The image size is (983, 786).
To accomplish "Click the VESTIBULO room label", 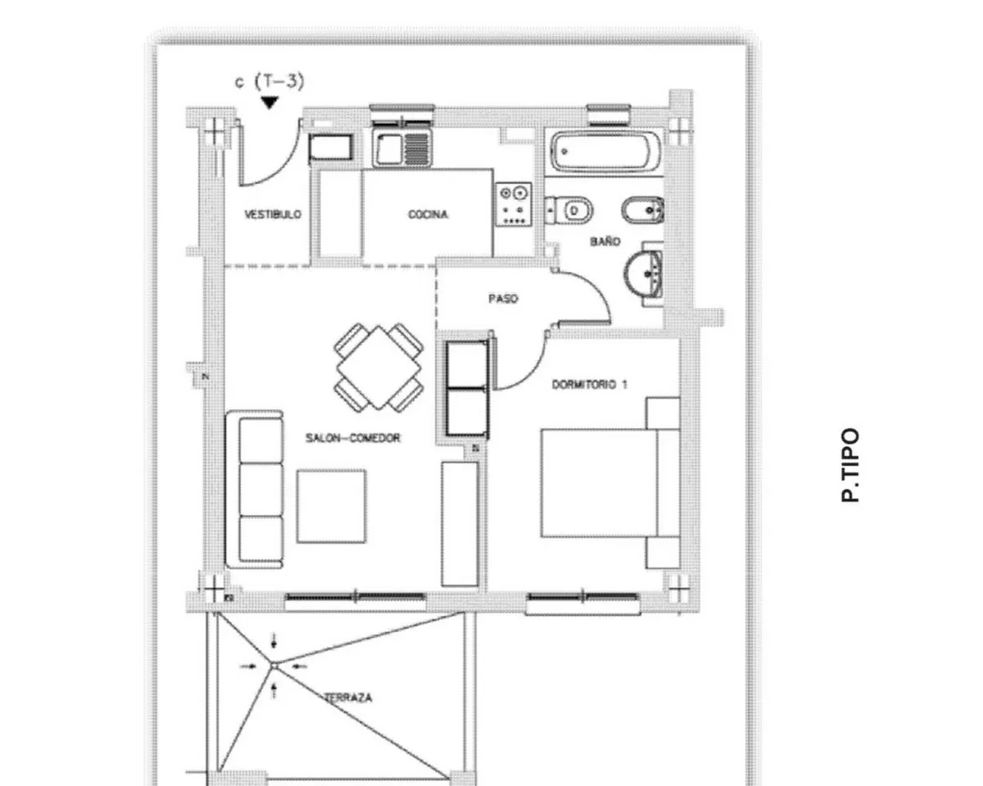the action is coord(273,215).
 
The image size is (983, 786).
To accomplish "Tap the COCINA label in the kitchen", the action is coord(428,215).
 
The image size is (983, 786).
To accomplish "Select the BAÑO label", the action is coord(605,242).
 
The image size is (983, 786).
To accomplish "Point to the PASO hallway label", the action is coord(503,299).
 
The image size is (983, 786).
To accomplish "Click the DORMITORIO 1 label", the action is coord(589,385).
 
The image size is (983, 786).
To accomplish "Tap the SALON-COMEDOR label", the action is coord(352,438).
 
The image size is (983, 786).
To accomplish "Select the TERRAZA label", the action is coord(348,698).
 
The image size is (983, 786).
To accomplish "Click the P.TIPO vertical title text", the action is coord(850,465).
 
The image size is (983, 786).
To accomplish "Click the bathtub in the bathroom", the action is coord(605,151).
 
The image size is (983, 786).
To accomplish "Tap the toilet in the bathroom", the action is coord(569,210).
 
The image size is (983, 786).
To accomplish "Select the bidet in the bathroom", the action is coord(643,210).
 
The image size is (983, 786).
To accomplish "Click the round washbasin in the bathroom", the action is coord(643,274).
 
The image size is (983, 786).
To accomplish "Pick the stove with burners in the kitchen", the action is coord(514,204).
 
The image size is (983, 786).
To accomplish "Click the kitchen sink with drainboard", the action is coord(402,147).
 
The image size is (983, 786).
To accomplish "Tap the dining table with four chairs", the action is coord(378,368).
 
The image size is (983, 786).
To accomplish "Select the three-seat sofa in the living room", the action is coord(255,489).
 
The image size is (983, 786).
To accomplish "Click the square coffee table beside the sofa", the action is coord(331,507).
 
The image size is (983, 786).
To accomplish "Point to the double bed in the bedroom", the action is coord(610,483).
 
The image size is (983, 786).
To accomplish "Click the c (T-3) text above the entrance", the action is coord(270,82).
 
